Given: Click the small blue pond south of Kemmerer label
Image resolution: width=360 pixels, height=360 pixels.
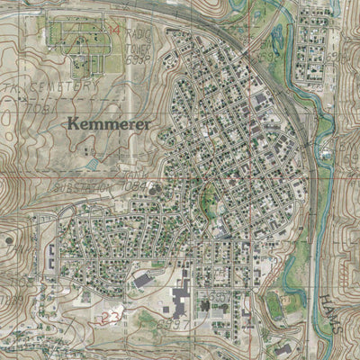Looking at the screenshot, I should (x=93, y=165).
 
